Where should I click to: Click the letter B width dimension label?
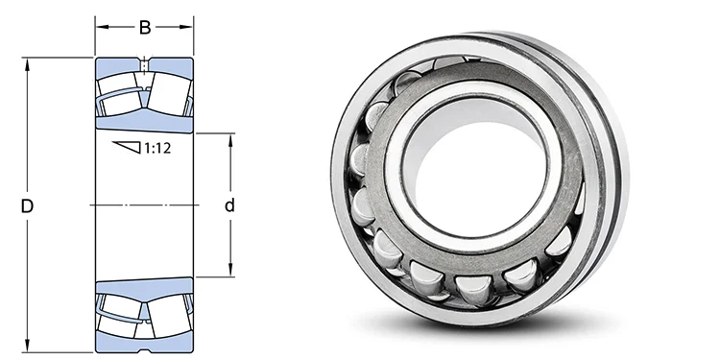(145, 28)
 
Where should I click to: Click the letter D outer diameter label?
(28, 206)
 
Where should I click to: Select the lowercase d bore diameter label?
(229, 205)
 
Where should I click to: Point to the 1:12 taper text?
(157, 148)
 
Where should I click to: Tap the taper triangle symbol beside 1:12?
(127, 147)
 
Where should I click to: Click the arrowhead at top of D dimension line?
(28, 63)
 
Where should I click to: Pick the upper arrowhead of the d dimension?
(230, 139)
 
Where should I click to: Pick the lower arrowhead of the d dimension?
(230, 271)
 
